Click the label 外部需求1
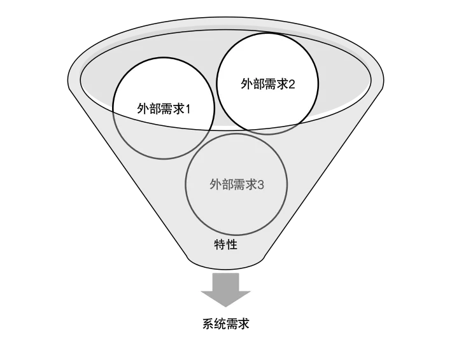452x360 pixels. tap(164, 108)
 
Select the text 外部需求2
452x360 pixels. tap(267, 84)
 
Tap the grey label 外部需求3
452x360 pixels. tap(236, 185)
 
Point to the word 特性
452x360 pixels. tap(226, 244)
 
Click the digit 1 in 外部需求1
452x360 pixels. tap(189, 108)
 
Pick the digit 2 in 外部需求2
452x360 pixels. tap(292, 84)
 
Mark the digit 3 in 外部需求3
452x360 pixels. tap(261, 185)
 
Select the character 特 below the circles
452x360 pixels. tap(220, 244)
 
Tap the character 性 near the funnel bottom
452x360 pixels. tap(232, 244)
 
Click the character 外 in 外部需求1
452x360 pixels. tap(143, 108)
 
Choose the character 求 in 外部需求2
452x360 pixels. tap(281, 84)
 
